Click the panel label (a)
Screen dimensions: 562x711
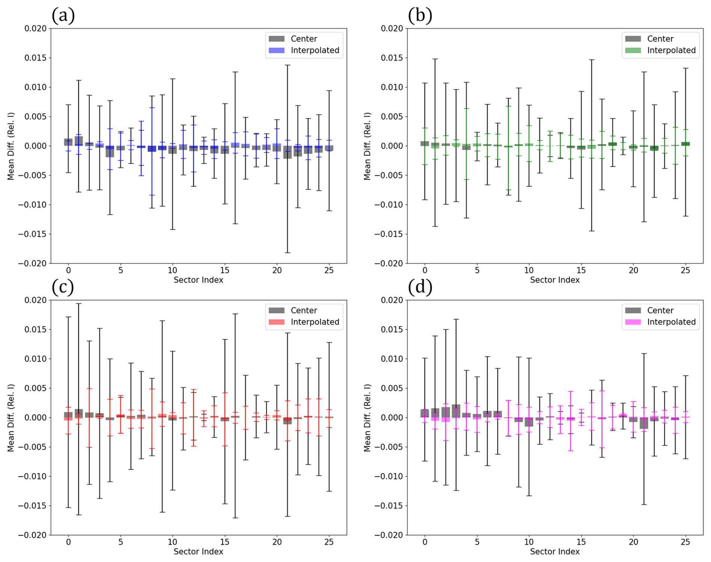[63, 16]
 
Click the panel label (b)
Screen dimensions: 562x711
[420, 16]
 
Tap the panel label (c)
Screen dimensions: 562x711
[63, 287]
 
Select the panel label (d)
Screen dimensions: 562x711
[420, 287]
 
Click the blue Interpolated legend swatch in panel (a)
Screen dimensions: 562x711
[277, 50]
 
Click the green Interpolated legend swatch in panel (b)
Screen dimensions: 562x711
[633, 50]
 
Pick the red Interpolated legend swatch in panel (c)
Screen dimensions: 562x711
[277, 322]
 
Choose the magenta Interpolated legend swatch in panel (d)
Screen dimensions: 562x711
[633, 322]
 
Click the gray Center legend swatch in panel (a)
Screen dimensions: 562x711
[277, 39]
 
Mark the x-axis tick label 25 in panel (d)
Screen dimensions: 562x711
[685, 542]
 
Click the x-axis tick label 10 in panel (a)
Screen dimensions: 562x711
[172, 270]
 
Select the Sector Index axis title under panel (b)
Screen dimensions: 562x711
[555, 280]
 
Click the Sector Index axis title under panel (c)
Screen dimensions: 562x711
[198, 551]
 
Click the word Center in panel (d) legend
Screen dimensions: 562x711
[660, 310]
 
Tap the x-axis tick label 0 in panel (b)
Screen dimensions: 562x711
[425, 270]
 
